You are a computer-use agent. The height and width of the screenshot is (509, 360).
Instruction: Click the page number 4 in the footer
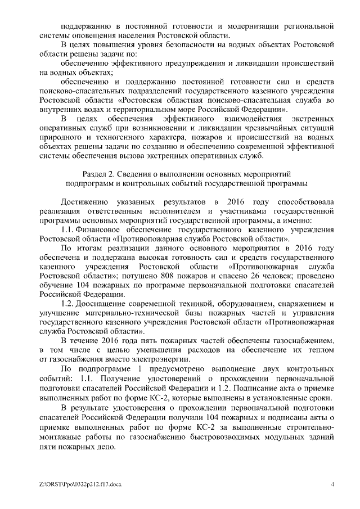332,484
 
